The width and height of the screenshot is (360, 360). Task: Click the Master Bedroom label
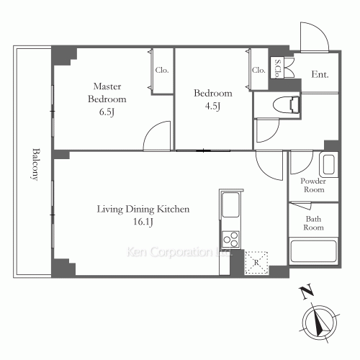point(107,93)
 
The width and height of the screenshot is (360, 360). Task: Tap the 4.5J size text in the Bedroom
point(212,106)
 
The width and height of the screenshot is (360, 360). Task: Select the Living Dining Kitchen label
point(143,210)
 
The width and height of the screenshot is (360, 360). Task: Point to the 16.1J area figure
point(143,222)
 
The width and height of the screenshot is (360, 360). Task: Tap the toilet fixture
point(286,104)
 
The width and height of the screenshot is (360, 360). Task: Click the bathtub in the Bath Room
point(313,251)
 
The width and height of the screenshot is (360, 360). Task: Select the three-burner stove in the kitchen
point(230,239)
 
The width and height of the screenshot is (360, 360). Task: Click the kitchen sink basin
point(230,204)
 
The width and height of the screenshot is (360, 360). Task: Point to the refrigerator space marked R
point(256,263)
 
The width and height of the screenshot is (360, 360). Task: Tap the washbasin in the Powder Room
point(328,165)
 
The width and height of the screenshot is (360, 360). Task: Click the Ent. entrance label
point(320,74)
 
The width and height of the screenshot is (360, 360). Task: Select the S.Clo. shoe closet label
point(277,68)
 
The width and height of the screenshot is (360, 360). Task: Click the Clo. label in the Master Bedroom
point(162,70)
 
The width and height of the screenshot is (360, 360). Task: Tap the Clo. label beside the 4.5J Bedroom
point(258,70)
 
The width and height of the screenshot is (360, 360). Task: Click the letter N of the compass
point(307,292)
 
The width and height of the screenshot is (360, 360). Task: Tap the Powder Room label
point(313,185)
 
